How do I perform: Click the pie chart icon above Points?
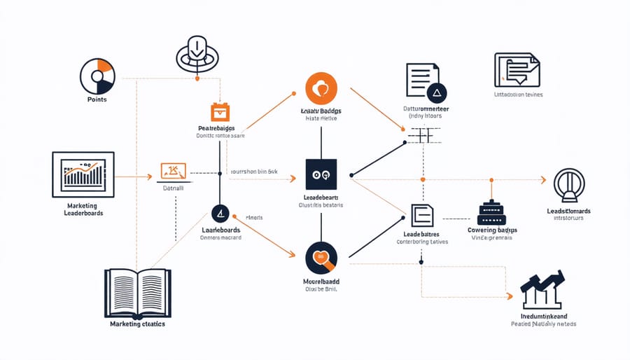point(97,76)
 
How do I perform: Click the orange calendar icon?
point(220,112)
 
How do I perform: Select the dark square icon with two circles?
point(321,174)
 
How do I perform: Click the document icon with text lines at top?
point(423,78)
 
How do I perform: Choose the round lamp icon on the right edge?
point(568,186)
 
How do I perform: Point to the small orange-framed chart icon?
point(173,170)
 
